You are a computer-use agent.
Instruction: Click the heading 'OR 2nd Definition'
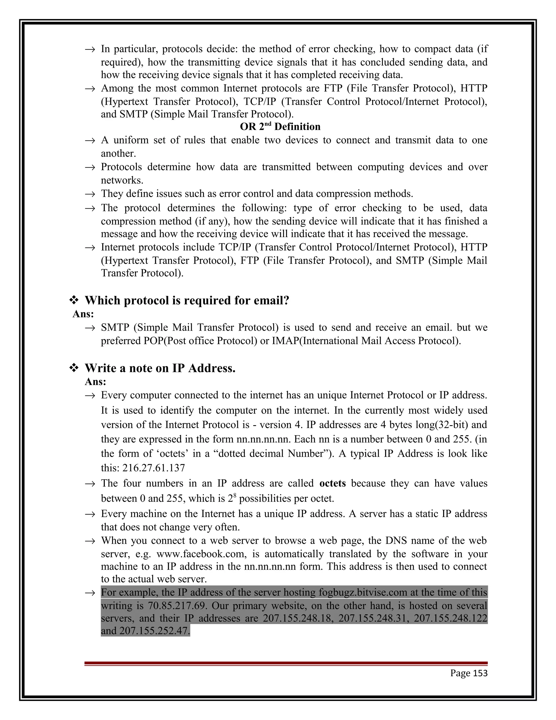280,127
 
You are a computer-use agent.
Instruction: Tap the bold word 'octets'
332,483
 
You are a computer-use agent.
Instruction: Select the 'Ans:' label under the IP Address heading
96,382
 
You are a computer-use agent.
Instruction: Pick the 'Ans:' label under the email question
83,314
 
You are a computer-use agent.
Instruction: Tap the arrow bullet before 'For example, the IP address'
90,593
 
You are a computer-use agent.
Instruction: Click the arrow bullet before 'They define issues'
90,194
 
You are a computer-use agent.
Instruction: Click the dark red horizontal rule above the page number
286,663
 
